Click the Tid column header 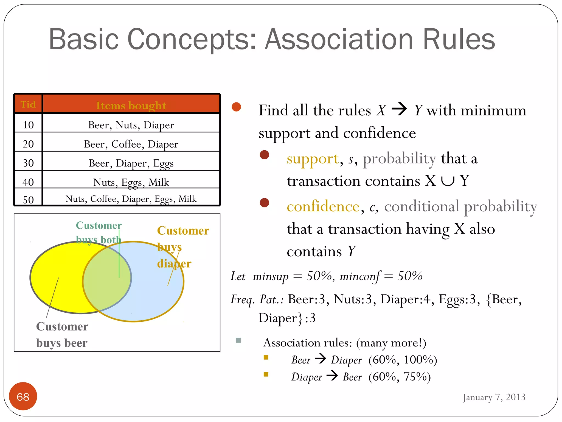[28, 104]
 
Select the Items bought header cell [131, 105]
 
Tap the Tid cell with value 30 [28, 163]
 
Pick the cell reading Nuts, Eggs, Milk [131, 182]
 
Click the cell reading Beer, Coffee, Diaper [131, 144]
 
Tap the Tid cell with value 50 [28, 199]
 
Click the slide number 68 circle [23, 396]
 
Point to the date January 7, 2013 [494, 397]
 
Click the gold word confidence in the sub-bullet [323, 206]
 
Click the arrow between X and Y [399, 109]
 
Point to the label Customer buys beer [62, 335]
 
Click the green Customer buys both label [99, 232]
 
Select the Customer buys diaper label [183, 247]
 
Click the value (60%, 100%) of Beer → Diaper [403, 360]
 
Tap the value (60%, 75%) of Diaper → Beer [400, 377]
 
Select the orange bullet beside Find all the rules [236, 107]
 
